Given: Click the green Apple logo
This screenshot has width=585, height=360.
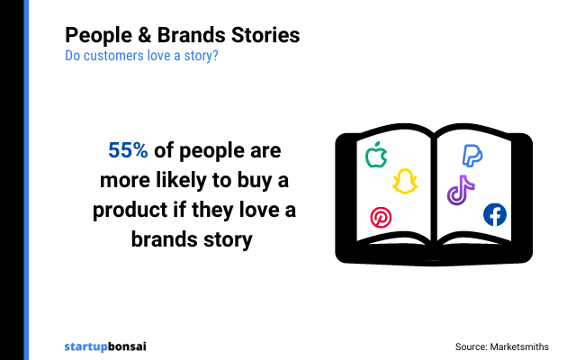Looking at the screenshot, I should pyautogui.click(x=376, y=156).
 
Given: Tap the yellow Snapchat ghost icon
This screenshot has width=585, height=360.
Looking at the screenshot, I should pyautogui.click(x=405, y=181).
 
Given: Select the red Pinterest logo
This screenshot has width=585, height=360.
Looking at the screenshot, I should pyautogui.click(x=381, y=217).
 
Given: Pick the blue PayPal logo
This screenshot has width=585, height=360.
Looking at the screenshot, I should pyautogui.click(x=472, y=155).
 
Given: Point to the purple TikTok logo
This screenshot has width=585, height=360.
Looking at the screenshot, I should pyautogui.click(x=461, y=190).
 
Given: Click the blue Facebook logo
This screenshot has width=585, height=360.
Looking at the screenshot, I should pyautogui.click(x=495, y=214).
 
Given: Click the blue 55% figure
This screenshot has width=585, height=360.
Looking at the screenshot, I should pyautogui.click(x=128, y=150).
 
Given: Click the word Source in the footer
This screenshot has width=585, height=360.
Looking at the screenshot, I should pyautogui.click(x=471, y=346).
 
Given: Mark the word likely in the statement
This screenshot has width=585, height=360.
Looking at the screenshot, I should pyautogui.click(x=178, y=181).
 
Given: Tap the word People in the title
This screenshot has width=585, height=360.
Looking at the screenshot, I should pyautogui.click(x=94, y=35).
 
